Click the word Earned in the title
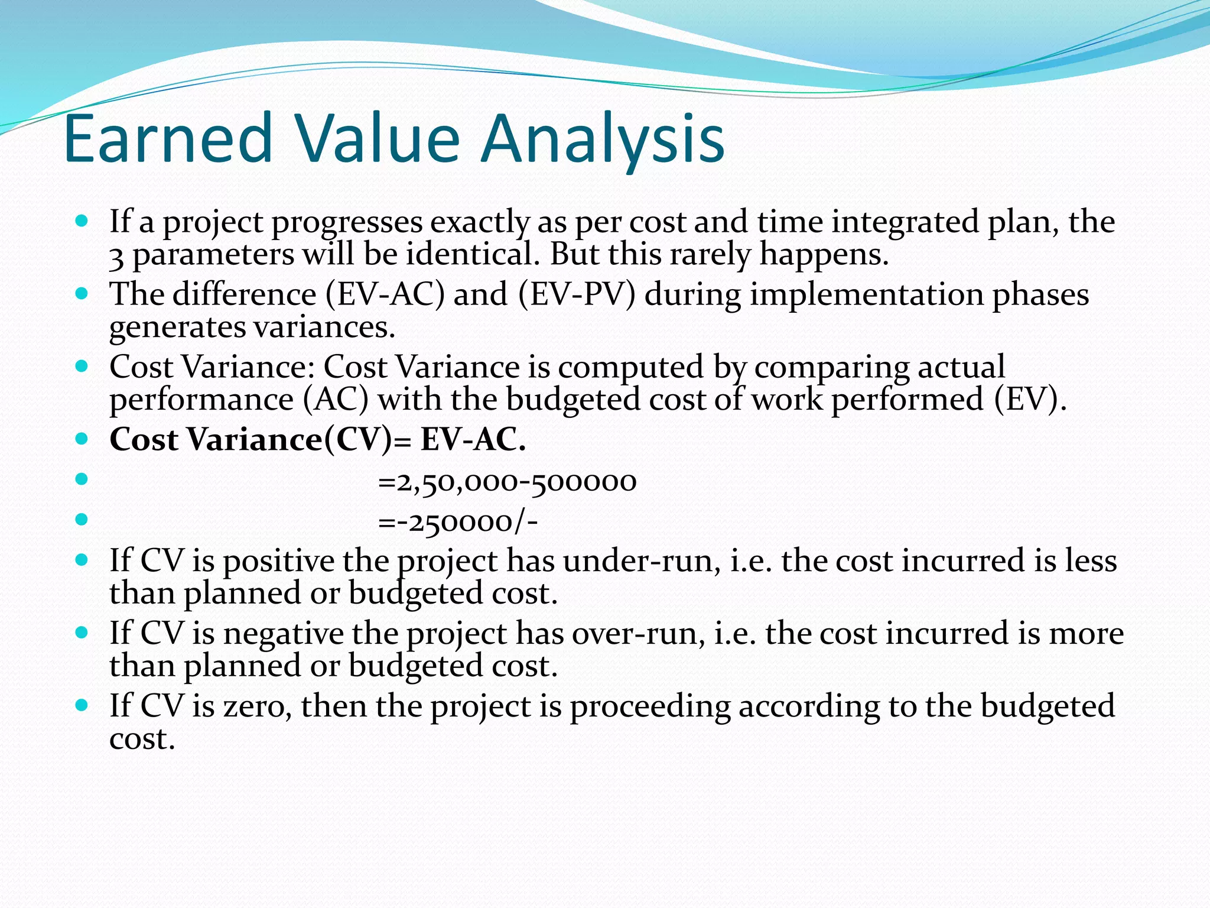(167, 139)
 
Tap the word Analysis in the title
(602, 139)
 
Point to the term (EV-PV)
(577, 294)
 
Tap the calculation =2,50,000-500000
(507, 482)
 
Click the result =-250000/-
(458, 522)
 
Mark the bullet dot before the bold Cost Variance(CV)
(82, 439)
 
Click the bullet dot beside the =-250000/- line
(82, 520)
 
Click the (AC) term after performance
(336, 399)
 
